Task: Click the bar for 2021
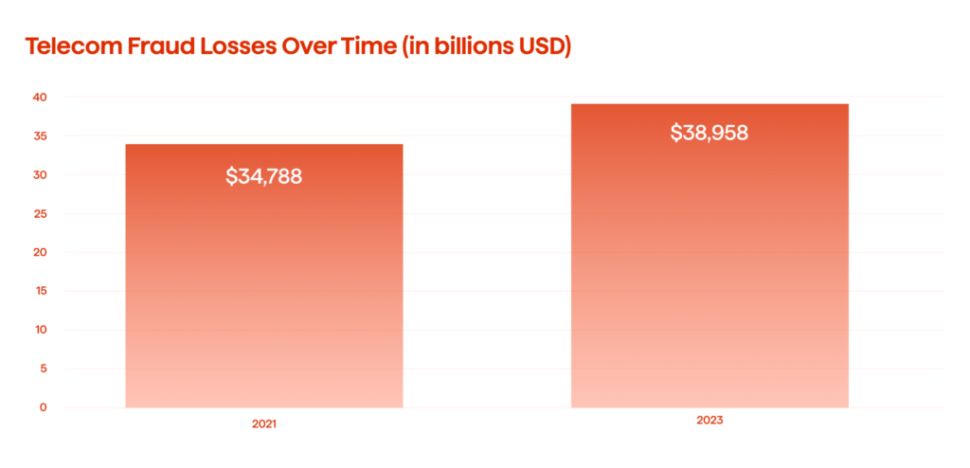pyautogui.click(x=264, y=284)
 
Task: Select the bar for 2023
pyautogui.click(x=710, y=265)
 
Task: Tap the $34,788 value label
pyautogui.click(x=264, y=176)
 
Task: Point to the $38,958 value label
pyautogui.click(x=710, y=133)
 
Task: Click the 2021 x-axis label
pyautogui.click(x=264, y=425)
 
